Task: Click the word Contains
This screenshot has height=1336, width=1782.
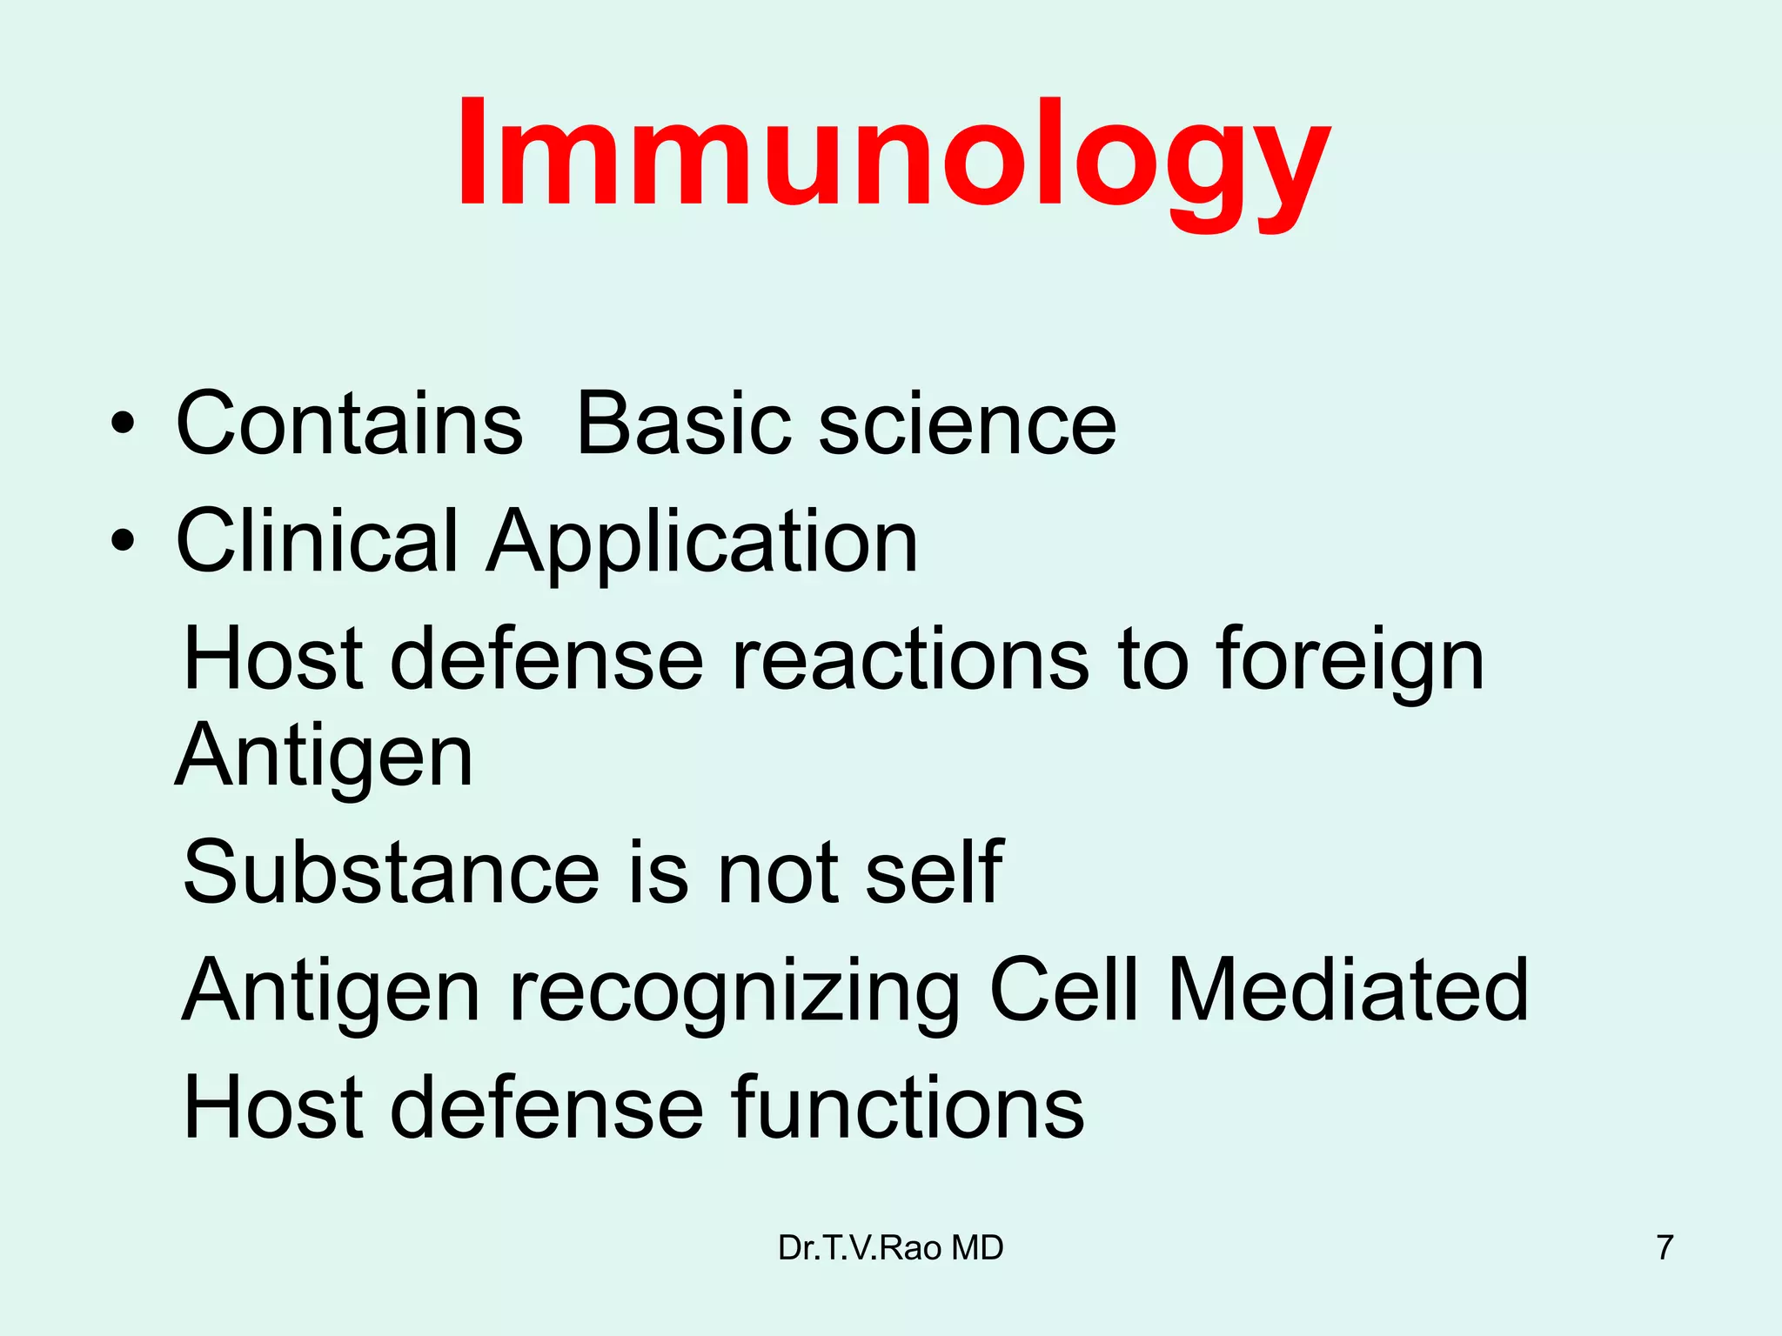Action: [x=348, y=424]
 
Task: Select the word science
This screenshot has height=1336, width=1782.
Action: [x=967, y=424]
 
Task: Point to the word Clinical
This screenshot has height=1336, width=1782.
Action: [x=317, y=541]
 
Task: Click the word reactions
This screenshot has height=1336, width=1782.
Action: [x=909, y=659]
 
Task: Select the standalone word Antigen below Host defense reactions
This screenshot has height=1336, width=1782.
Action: [x=325, y=755]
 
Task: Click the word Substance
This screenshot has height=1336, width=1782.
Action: [x=391, y=872]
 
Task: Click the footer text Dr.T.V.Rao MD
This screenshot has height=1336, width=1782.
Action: [x=890, y=1247]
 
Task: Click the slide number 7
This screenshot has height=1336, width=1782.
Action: [x=1665, y=1247]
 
